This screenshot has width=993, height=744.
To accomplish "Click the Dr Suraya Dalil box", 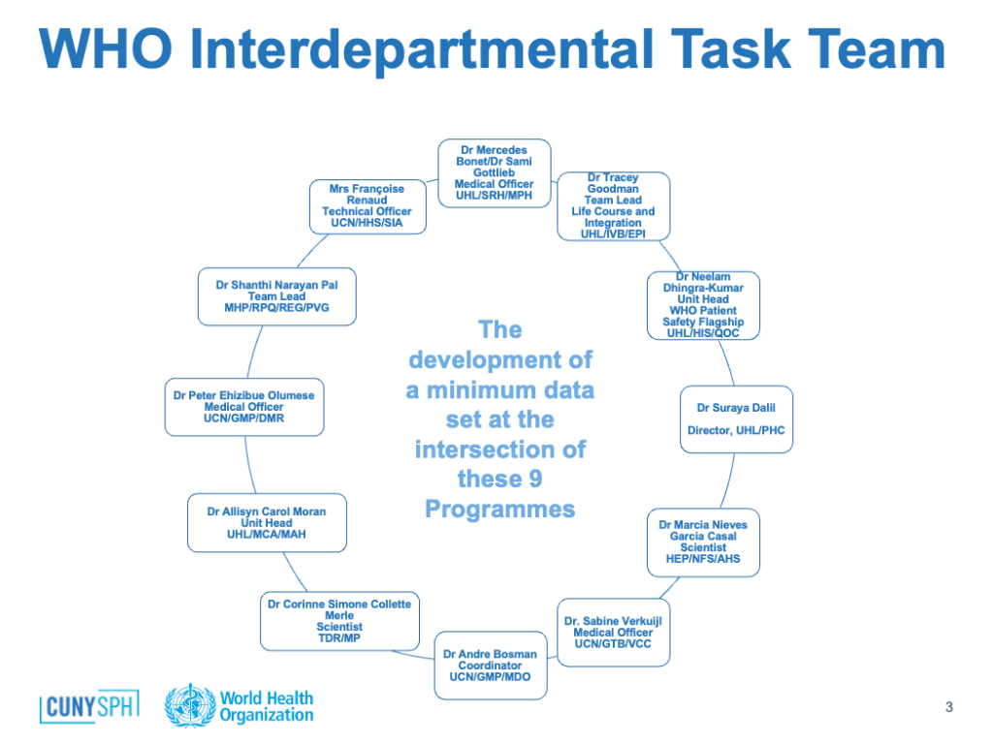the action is coord(736,419).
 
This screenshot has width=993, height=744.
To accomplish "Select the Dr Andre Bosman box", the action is coord(491,665).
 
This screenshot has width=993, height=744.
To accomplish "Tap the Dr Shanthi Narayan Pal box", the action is coord(276,296).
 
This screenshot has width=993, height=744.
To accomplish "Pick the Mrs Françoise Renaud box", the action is coord(368,207).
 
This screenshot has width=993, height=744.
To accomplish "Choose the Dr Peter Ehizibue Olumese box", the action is coord(244,407).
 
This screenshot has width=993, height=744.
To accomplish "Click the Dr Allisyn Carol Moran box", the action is coord(267,522).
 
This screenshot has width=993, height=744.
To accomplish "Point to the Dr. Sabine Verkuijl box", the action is coord(613,633).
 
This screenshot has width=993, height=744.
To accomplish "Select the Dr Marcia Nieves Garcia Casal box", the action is coord(703,542).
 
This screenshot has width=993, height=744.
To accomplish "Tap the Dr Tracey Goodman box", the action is coord(613,206).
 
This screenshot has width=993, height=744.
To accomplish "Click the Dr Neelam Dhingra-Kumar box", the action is coord(703,305).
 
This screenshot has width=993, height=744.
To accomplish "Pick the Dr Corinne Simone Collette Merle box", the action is coord(339,621).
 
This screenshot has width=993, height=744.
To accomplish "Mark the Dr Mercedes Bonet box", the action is coord(494,172).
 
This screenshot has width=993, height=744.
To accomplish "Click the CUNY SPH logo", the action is coord(89,706).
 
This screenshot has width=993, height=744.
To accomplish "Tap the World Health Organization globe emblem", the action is coord(190,705).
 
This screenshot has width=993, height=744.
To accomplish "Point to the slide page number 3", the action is coord(948,706).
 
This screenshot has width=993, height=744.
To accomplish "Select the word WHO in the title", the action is coord(105,48).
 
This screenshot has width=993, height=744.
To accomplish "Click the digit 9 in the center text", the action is coord(535,479).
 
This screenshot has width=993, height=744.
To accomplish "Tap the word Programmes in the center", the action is coord(499,510).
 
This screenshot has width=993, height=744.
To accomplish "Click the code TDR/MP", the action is coord(339,637).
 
